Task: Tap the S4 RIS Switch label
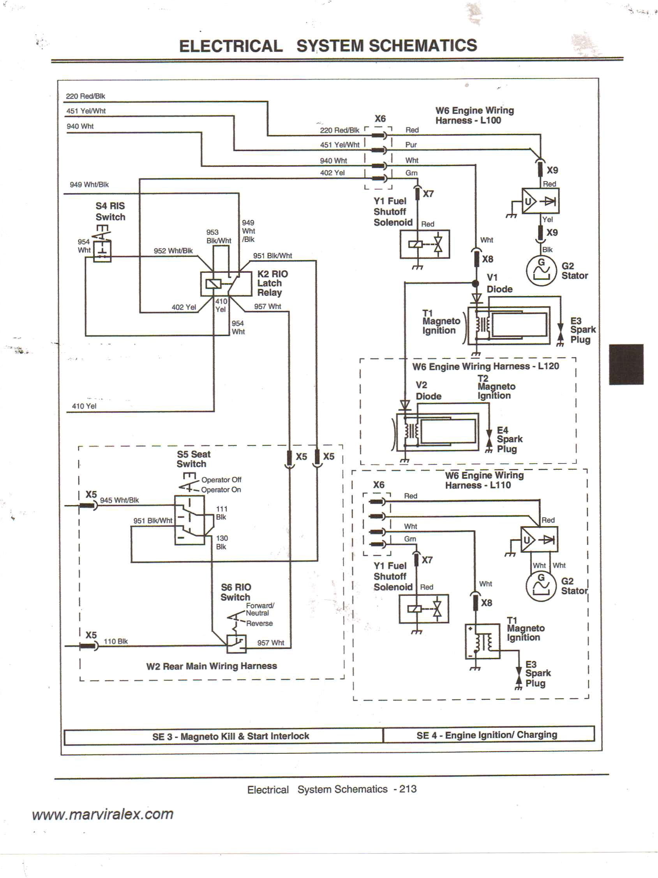(110, 211)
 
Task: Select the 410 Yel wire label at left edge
(84, 406)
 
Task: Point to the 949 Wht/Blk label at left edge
(89, 185)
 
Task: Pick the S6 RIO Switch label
(236, 592)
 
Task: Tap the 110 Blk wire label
(115, 641)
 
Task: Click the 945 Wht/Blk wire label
(119, 500)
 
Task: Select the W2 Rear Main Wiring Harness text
(212, 666)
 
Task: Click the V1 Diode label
(499, 283)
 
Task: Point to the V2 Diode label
(428, 391)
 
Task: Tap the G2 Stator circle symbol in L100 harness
(542, 271)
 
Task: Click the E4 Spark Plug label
(509, 439)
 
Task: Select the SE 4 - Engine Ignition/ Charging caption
(487, 735)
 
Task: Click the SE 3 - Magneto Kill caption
(230, 736)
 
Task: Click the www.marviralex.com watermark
(103, 814)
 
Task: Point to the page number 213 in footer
(408, 789)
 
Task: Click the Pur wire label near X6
(411, 145)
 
